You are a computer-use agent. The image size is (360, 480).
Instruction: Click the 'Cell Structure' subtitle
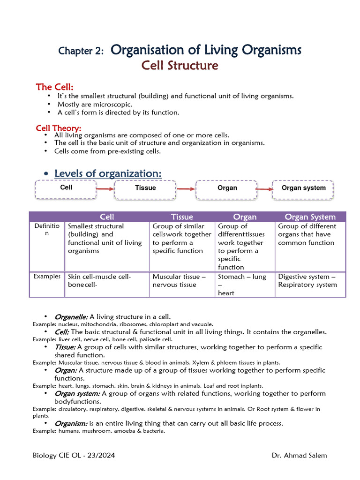point(180,66)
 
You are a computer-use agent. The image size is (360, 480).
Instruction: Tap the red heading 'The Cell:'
point(55,87)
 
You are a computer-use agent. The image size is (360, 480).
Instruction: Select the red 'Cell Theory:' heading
point(59,128)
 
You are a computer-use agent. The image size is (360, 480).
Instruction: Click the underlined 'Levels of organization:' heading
point(108,173)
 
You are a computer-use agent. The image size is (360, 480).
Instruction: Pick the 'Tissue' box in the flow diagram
point(145,188)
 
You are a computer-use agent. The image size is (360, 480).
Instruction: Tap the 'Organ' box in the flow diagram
point(227,188)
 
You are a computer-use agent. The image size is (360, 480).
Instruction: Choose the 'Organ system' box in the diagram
point(303,188)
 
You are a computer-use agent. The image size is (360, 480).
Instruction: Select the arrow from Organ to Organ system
point(264,189)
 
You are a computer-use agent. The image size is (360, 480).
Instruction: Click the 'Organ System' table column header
point(310,217)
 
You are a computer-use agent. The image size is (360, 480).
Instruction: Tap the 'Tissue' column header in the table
point(182,217)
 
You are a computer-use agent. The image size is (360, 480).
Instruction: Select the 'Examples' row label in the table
point(47,277)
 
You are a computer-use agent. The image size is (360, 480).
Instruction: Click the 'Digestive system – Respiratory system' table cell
point(307,281)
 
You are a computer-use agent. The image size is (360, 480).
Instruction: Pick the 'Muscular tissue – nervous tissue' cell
point(179,281)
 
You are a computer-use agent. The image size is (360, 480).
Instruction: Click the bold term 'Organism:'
point(71,423)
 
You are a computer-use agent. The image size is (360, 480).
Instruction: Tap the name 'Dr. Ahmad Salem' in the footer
point(299,456)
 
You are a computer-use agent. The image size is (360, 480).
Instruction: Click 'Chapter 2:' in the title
point(81,51)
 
